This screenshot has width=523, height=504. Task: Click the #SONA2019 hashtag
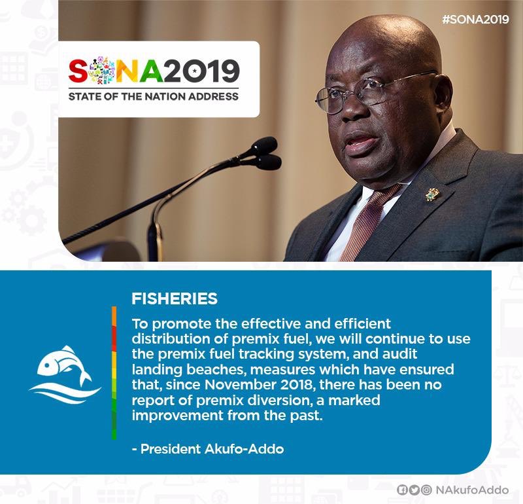[x=475, y=19]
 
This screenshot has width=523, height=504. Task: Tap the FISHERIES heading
[x=175, y=299]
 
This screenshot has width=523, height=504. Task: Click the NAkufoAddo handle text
[x=473, y=490]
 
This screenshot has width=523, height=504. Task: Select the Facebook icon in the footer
[x=402, y=490]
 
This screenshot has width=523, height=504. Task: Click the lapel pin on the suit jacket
[x=432, y=193]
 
